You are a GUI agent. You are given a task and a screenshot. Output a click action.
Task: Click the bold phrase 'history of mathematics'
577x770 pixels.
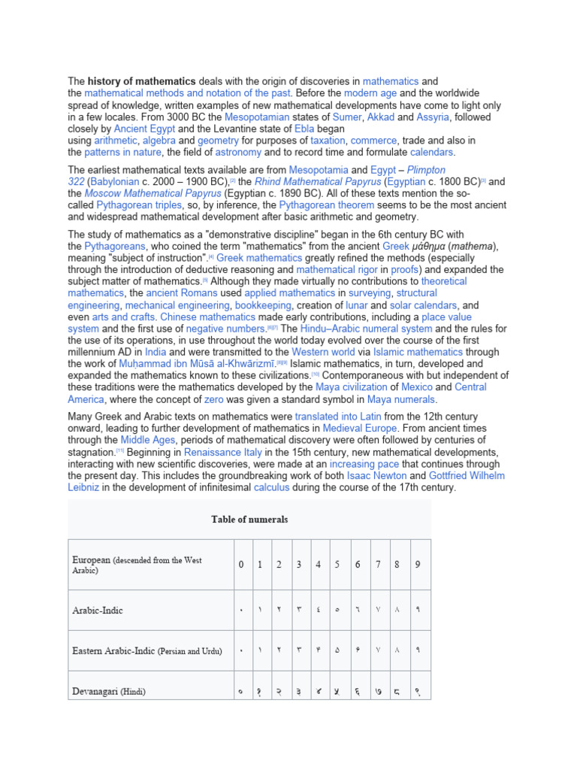(141, 80)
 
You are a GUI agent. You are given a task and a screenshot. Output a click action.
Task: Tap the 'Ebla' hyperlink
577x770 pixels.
(303, 129)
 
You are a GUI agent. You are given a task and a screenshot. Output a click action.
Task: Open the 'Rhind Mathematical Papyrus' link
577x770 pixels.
(318, 182)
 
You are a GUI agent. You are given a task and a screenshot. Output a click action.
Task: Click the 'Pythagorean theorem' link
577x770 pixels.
(325, 205)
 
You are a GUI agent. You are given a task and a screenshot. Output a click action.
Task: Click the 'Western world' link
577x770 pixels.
(323, 351)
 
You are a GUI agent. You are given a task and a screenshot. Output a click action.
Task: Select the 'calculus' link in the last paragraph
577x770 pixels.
(271, 487)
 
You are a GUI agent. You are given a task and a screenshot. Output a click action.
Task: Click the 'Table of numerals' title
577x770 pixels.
(249, 520)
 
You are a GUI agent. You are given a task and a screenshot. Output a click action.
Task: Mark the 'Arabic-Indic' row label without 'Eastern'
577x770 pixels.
(98, 610)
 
